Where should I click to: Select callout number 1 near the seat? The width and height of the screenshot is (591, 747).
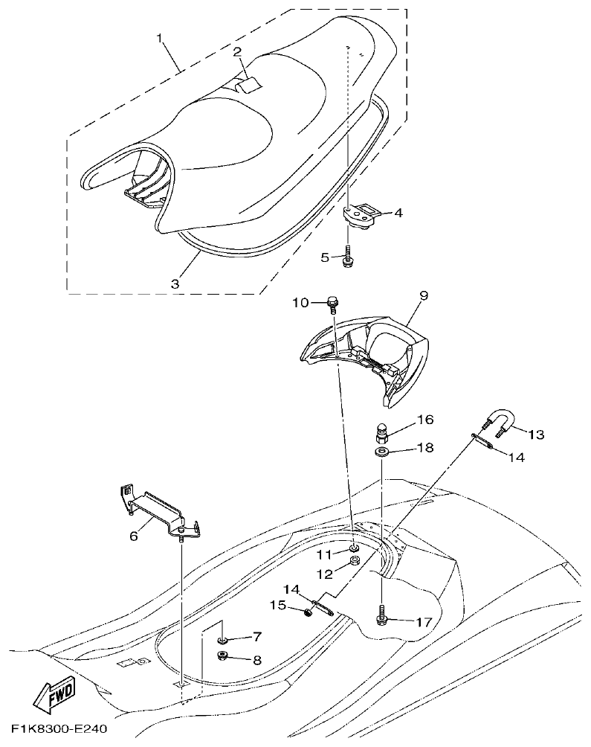159,37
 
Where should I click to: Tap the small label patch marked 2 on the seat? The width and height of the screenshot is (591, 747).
249,85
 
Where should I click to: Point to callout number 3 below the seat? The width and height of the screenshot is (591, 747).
175,283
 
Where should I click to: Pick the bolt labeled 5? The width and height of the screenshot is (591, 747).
347,259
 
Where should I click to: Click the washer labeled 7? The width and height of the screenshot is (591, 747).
222,638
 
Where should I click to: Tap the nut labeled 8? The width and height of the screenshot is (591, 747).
222,655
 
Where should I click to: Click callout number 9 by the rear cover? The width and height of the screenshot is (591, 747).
424,296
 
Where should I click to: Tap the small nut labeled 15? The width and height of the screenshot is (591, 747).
306,612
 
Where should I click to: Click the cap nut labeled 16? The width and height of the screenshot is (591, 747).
381,431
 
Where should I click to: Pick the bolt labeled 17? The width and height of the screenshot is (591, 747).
381,616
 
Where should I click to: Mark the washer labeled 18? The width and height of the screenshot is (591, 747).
381,452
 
